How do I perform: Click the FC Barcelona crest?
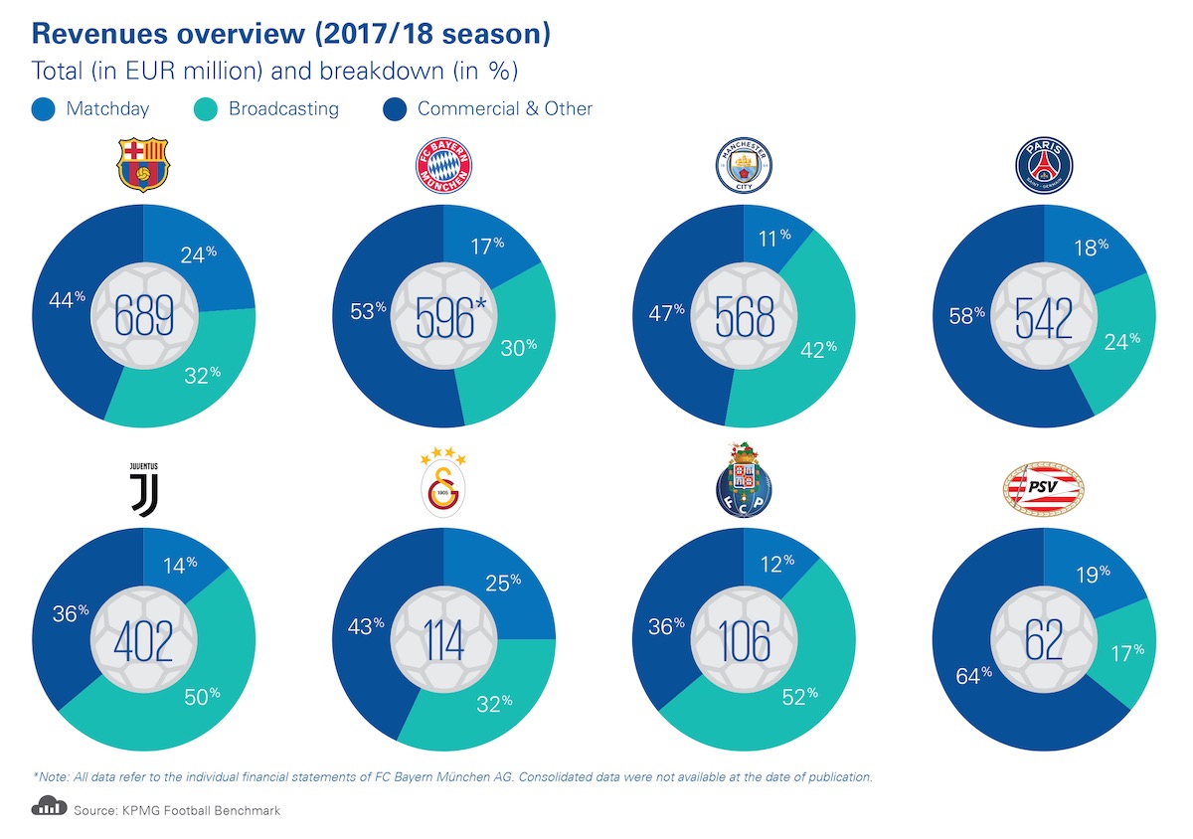tap(144, 165)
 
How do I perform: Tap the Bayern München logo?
tap(443, 165)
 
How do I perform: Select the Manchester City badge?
tap(744, 165)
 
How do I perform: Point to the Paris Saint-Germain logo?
tap(1043, 165)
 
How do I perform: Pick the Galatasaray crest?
tap(443, 483)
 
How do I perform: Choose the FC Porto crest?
tap(744, 483)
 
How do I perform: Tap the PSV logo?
tap(1043, 486)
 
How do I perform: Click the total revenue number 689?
tap(144, 316)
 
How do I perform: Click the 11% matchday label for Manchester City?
tap(771, 236)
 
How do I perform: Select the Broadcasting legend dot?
tap(207, 108)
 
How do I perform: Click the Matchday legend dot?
tap(44, 108)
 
